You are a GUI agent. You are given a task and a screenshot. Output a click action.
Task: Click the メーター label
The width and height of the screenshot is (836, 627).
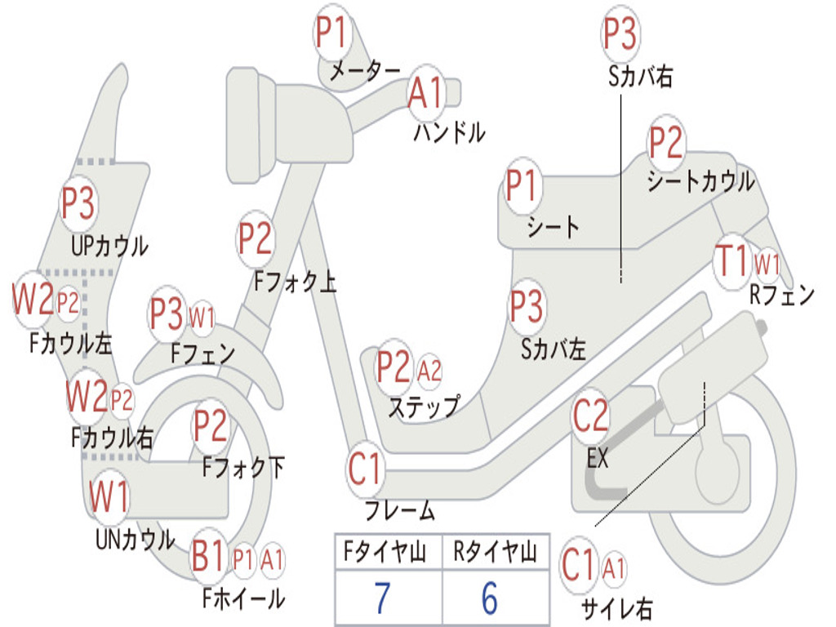(364, 70)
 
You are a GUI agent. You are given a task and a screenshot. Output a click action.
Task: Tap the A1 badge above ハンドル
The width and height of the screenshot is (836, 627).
(426, 93)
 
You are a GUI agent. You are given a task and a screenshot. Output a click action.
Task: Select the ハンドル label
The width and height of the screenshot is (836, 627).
(450, 132)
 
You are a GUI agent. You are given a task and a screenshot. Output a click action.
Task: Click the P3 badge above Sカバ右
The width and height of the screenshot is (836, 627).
(620, 33)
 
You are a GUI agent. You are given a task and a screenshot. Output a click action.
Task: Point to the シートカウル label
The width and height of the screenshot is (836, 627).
(700, 181)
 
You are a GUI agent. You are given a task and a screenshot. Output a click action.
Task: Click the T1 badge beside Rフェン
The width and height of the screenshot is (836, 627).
(732, 261)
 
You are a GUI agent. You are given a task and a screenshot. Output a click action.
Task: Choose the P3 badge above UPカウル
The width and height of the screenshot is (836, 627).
(78, 203)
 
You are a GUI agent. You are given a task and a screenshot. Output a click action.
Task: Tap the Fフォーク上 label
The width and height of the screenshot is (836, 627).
(296, 281)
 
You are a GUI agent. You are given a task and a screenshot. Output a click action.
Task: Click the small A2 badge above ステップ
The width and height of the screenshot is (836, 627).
(429, 370)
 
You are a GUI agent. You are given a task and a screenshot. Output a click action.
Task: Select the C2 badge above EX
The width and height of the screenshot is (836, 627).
(590, 416)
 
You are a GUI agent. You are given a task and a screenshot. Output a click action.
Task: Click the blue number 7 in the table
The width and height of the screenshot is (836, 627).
(382, 598)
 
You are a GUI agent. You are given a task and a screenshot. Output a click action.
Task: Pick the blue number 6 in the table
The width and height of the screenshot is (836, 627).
(490, 598)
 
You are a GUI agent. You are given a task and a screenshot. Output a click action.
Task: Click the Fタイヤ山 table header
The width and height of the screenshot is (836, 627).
(385, 552)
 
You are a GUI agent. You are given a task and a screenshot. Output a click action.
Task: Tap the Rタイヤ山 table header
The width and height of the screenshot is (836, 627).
(495, 552)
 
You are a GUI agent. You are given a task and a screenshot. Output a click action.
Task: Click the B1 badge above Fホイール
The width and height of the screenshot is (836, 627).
(208, 556)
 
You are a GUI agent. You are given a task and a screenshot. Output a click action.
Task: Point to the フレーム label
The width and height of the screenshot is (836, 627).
(400, 510)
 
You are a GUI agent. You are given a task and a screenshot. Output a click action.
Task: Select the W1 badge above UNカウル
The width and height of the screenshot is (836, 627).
(109, 496)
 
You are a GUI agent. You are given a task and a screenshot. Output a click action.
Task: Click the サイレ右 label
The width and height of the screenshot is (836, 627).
(617, 608)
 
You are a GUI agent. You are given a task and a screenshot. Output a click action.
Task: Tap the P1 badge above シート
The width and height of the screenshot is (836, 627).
(522, 185)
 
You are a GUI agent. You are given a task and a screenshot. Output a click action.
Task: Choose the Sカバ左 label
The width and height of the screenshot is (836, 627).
(554, 349)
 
